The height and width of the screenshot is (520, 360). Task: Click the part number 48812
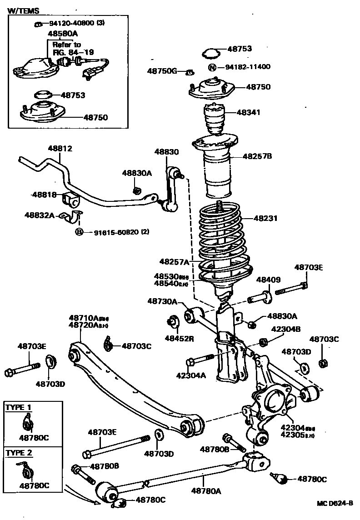[x=60, y=149]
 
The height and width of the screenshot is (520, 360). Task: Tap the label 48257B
[x=257, y=156]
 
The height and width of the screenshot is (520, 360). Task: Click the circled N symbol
[x=212, y=67]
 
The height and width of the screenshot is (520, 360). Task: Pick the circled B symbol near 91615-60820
[x=79, y=232]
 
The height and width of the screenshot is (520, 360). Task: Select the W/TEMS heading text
[x=24, y=10]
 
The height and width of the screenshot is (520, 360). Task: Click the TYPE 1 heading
[x=19, y=407]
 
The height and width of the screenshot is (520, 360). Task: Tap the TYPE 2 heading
[x=19, y=453]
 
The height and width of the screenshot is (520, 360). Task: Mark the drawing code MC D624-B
[x=335, y=504]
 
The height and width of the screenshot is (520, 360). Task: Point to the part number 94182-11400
[x=248, y=67]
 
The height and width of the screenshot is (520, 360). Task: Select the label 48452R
[x=179, y=338]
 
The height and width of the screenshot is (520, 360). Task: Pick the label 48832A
[x=40, y=215]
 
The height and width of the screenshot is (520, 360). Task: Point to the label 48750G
[x=161, y=71]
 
